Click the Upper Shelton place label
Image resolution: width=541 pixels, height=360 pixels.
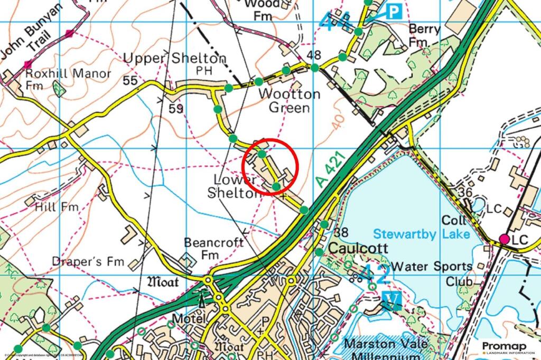pos(174,59)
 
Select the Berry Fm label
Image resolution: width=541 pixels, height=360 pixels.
pos(424,34)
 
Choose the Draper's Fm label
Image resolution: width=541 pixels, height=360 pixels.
pos(88,261)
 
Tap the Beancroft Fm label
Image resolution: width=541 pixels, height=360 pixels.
pos(213,248)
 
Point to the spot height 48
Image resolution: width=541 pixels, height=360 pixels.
pos(313,55)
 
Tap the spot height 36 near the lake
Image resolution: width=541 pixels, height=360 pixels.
pos(465,193)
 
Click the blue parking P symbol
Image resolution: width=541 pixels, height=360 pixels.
pos(393,12)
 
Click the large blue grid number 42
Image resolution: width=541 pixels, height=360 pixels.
pos(376,273)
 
